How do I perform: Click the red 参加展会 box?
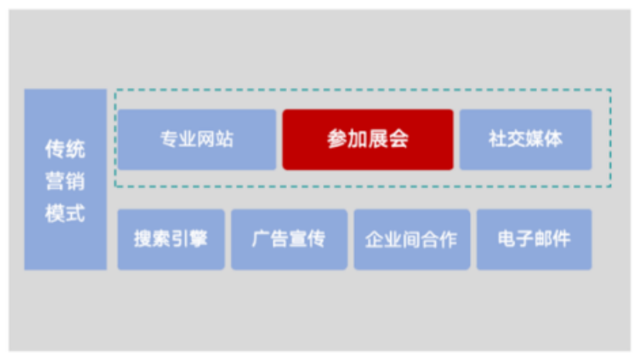(x=367, y=140)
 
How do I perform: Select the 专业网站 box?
(x=197, y=140)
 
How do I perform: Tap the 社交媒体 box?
(x=525, y=140)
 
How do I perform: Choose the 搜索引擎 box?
(x=170, y=239)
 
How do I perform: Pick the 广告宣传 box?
(x=289, y=239)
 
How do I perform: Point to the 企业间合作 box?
(x=411, y=239)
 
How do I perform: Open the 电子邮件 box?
(x=534, y=239)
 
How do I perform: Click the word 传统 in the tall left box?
(x=65, y=150)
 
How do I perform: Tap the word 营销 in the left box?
(x=65, y=182)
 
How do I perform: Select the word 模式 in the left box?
(x=65, y=214)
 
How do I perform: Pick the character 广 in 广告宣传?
(x=261, y=239)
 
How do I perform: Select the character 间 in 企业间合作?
(x=411, y=239)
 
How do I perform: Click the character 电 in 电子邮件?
(x=507, y=239)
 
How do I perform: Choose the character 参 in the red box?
(x=337, y=140)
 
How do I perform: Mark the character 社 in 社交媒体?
(x=498, y=140)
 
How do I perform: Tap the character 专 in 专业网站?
(x=169, y=140)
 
